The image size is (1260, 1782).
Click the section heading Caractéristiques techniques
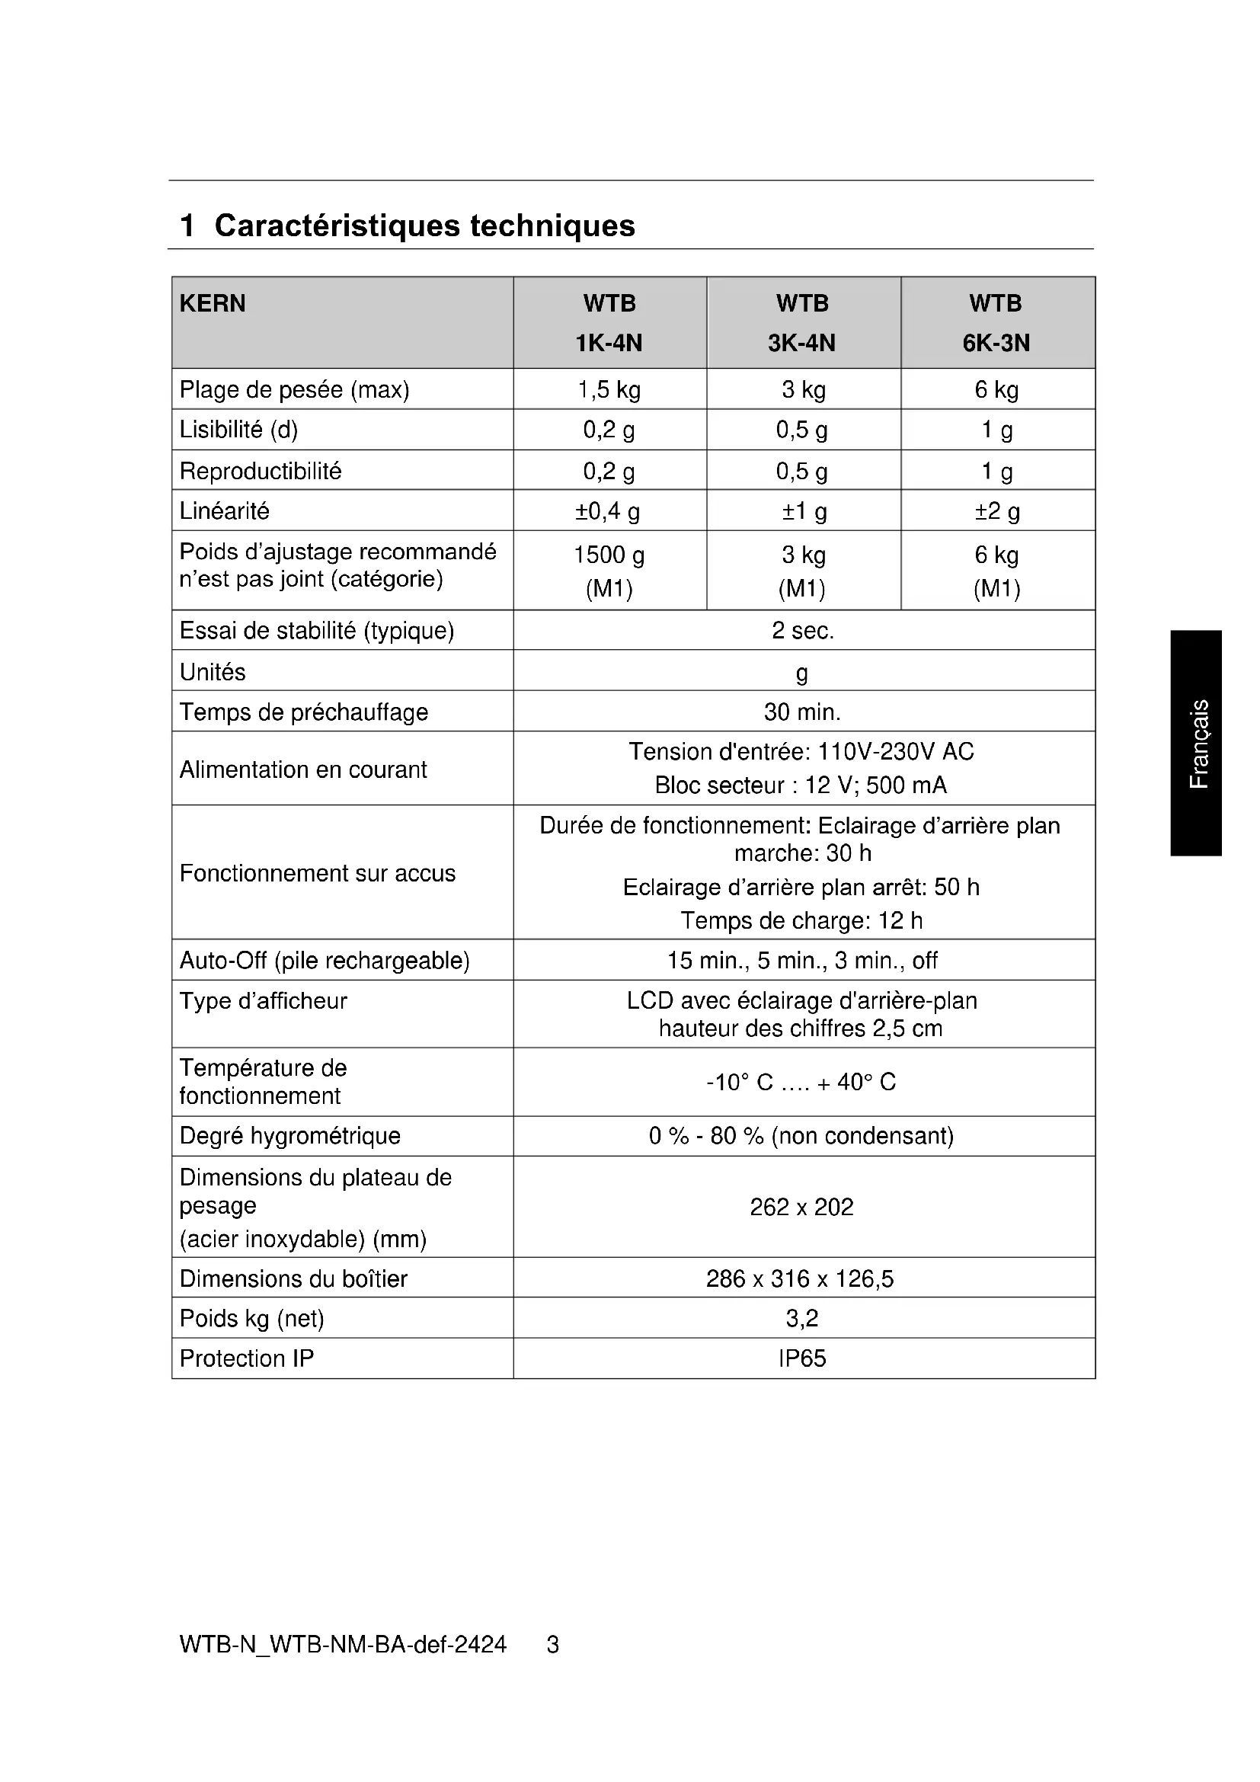[x=424, y=226]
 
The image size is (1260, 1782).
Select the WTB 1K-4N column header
[x=609, y=323]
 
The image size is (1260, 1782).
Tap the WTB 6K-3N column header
[x=996, y=323]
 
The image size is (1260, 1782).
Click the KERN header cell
[x=213, y=303]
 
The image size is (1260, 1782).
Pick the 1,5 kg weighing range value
[x=609, y=389]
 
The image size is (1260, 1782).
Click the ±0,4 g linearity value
[x=609, y=511]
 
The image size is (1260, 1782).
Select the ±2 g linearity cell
[x=997, y=511]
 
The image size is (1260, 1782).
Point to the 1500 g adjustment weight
[x=609, y=555]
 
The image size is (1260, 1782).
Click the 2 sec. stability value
[x=802, y=631]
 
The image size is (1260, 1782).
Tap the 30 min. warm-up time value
[x=802, y=712]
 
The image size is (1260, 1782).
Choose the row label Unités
[x=213, y=672]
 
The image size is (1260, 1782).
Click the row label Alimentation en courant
[x=303, y=770]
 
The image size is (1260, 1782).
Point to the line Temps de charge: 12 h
[x=801, y=921]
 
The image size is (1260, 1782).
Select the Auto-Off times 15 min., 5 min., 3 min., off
[x=802, y=961]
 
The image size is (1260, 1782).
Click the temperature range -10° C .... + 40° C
[x=801, y=1083]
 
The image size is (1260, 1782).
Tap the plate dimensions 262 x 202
[x=801, y=1207]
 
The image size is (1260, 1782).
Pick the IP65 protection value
[x=802, y=1358]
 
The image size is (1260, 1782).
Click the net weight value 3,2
[x=802, y=1318]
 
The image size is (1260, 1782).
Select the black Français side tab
[x=1198, y=743]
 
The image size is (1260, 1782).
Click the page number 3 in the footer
[x=552, y=1645]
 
